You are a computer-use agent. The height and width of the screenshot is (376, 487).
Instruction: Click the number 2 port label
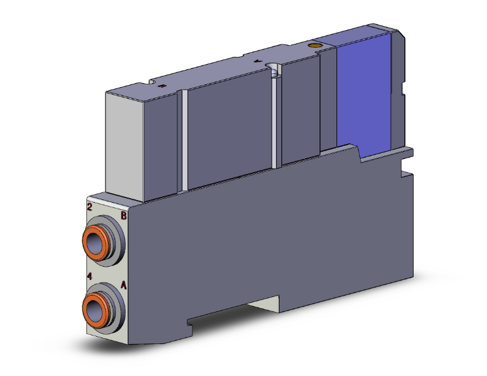click(90, 207)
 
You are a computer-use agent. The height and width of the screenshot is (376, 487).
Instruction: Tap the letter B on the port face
click(124, 215)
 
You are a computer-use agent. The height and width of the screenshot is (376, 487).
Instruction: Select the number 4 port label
click(90, 276)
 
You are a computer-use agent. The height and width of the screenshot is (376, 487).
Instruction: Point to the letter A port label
click(124, 285)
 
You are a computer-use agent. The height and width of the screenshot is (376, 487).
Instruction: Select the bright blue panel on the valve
click(363, 93)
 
